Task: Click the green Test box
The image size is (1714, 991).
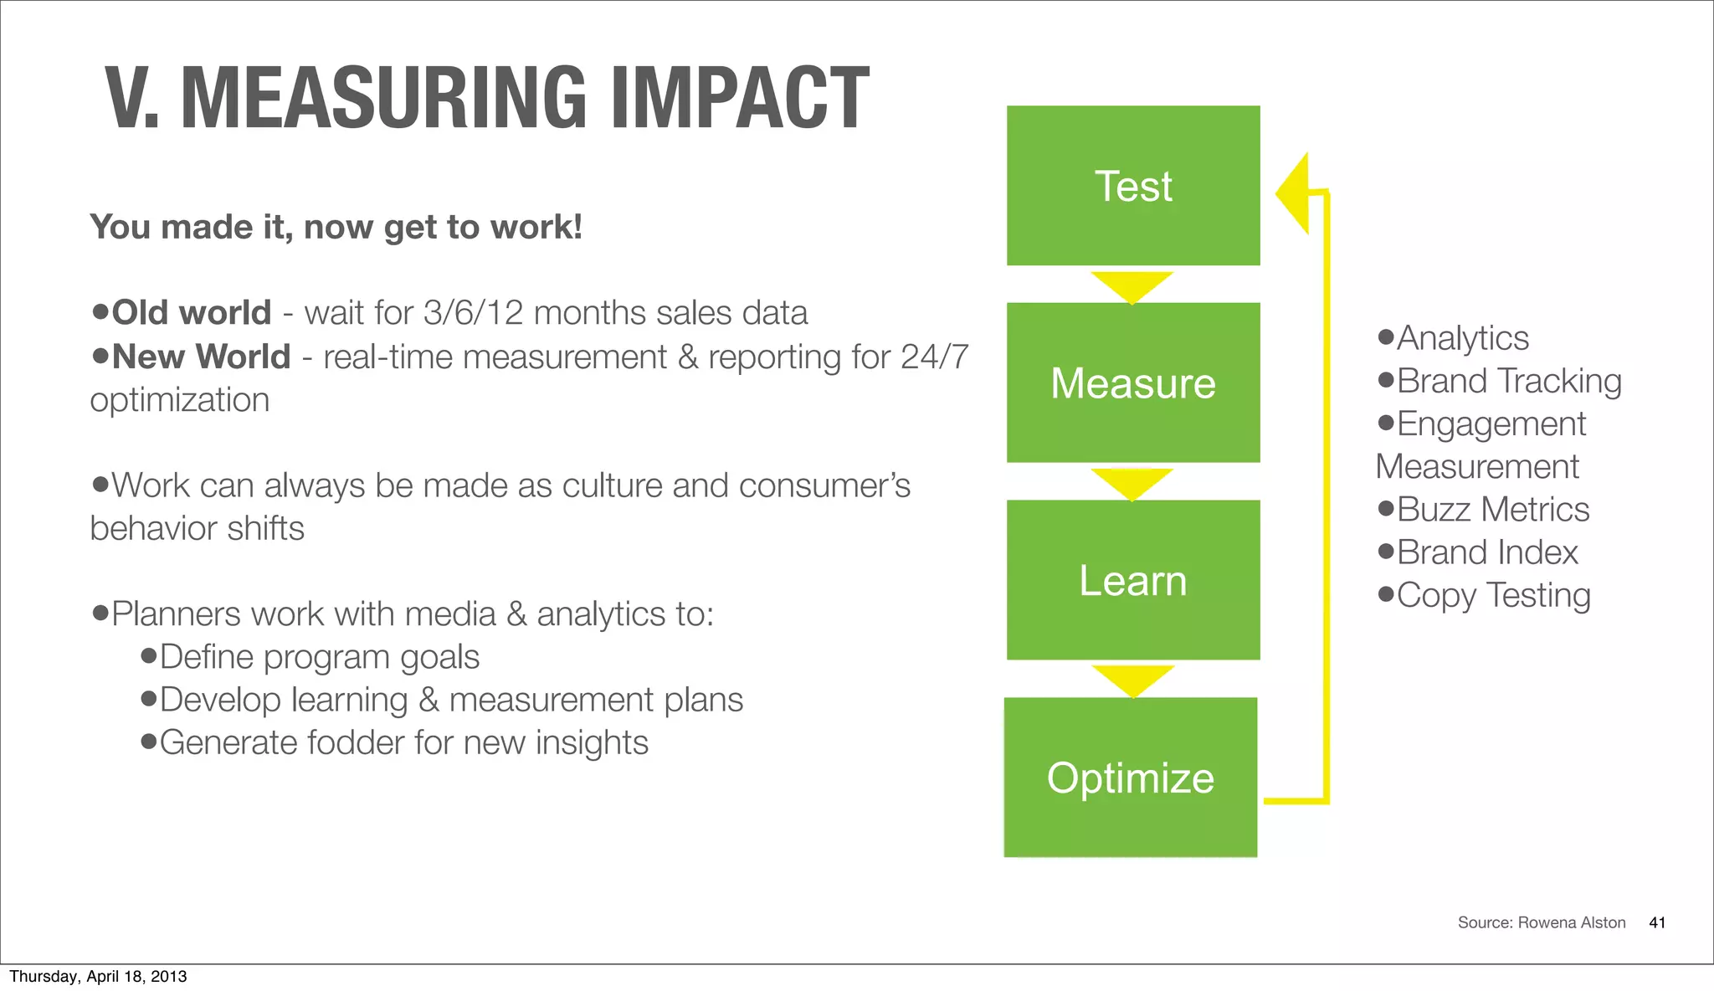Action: click(x=1132, y=186)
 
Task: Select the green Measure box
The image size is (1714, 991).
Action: click(x=1132, y=383)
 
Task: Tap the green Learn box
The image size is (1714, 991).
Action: click(x=1132, y=580)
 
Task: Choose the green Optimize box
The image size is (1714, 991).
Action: click(x=1130, y=777)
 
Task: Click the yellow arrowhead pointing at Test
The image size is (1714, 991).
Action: click(x=1294, y=193)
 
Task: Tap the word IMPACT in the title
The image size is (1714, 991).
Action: click(x=740, y=99)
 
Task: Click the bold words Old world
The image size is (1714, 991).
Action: click(x=192, y=313)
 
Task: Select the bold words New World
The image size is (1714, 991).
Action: click(x=201, y=357)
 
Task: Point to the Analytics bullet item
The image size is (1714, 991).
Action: click(x=1462, y=338)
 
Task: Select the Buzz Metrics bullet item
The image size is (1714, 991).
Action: click(x=1492, y=509)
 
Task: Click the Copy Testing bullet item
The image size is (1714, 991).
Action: click(x=1493, y=595)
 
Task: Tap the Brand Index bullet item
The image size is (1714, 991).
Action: click(x=1486, y=552)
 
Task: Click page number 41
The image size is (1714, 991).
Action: click(x=1656, y=922)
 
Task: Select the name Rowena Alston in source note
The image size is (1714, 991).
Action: click(x=1571, y=922)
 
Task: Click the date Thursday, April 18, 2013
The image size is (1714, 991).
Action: click(x=98, y=976)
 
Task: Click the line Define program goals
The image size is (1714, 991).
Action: click(x=319, y=657)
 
